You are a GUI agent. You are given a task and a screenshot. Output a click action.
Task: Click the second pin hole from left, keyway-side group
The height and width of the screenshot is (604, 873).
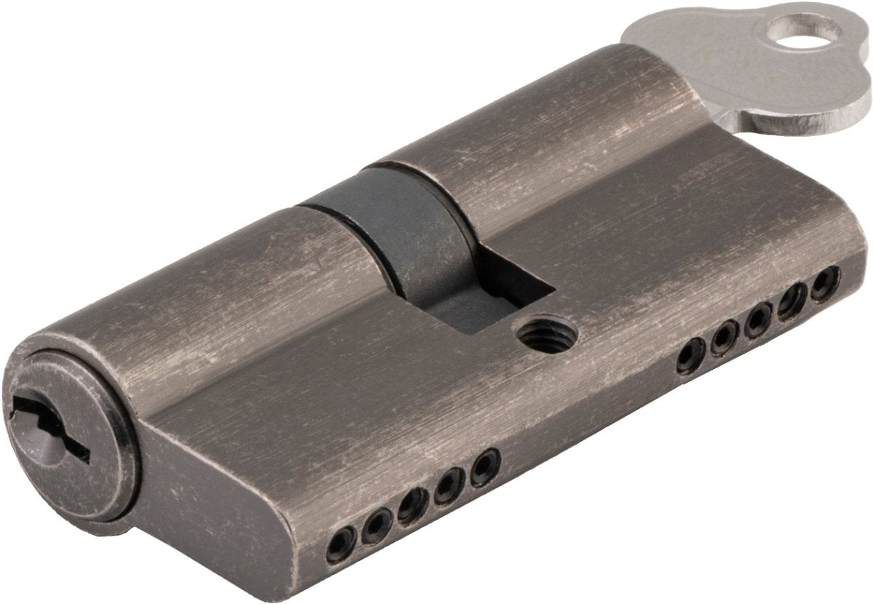pyautogui.click(x=378, y=523)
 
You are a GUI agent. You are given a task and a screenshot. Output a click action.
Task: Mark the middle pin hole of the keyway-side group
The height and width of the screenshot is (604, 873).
pyautogui.click(x=412, y=504)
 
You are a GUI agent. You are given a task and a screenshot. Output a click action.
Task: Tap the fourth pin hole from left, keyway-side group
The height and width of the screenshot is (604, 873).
pyautogui.click(x=449, y=485)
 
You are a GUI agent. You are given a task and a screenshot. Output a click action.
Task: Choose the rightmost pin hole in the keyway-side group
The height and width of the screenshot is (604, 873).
pyautogui.click(x=484, y=466)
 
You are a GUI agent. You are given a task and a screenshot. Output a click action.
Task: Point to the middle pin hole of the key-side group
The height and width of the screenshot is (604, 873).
pyautogui.click(x=759, y=319)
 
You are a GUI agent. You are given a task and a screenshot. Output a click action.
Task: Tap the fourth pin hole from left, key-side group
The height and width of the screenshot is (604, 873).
pyautogui.click(x=792, y=300)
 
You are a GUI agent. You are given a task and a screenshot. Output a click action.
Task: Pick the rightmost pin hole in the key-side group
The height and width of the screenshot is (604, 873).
pyautogui.click(x=824, y=282)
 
